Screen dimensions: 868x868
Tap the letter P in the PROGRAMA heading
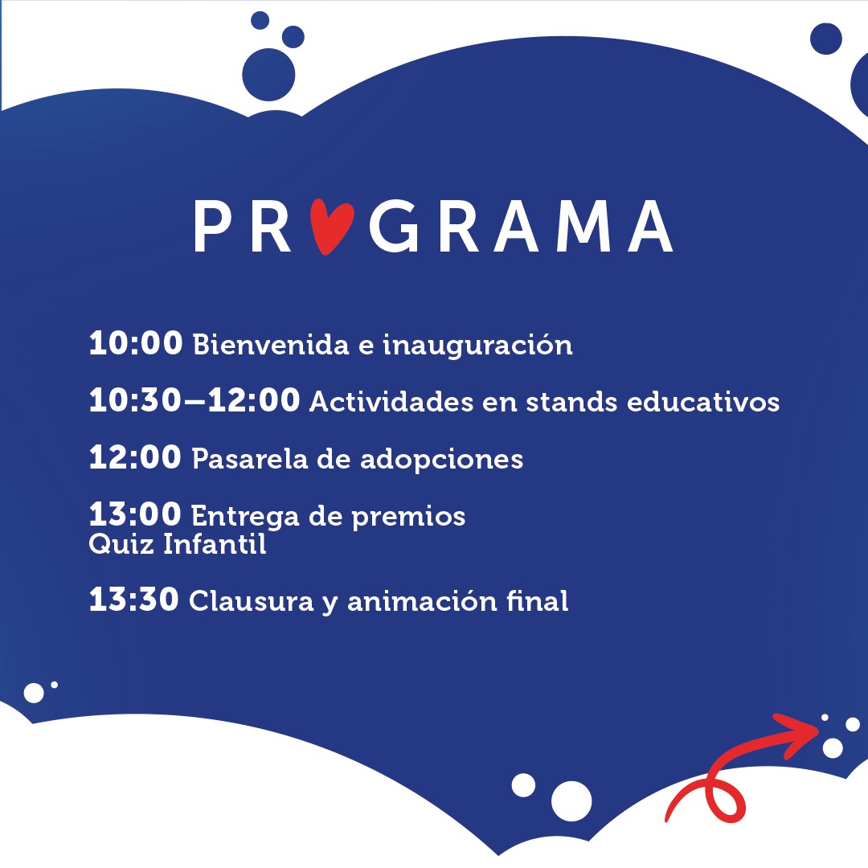[212, 227]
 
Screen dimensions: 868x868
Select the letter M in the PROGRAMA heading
[583, 227]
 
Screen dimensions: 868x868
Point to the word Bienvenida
[271, 344]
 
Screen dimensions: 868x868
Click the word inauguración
[477, 346]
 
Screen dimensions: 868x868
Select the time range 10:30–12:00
[194, 399]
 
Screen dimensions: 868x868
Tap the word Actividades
[391, 401]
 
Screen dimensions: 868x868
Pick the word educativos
[703, 401]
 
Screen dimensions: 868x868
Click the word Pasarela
[250, 459]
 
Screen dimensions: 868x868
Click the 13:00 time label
[135, 514]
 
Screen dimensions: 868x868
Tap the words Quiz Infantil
[177, 543]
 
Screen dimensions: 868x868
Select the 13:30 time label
[134, 599]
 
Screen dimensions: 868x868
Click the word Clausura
[252, 600]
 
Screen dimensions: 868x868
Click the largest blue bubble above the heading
[268, 75]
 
